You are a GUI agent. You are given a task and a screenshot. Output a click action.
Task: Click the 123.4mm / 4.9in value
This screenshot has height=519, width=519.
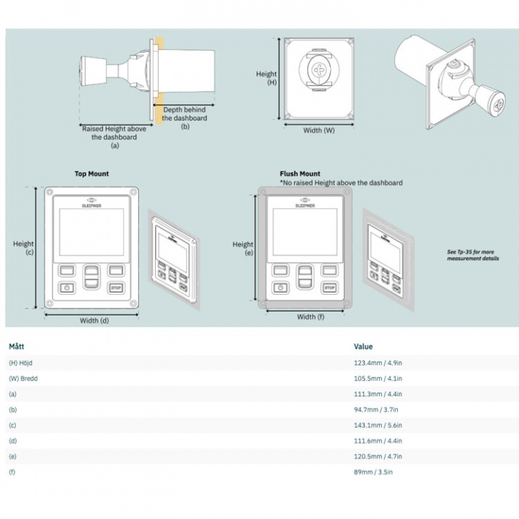[x=378, y=363]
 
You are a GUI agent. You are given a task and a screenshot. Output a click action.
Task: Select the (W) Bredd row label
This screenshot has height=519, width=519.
[x=23, y=378]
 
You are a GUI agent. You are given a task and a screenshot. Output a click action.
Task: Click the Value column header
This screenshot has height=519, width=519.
[x=363, y=347]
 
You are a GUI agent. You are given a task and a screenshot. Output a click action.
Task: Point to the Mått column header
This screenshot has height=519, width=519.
[x=17, y=347]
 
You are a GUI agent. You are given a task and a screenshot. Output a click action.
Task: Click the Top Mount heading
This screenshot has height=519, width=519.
[x=92, y=174]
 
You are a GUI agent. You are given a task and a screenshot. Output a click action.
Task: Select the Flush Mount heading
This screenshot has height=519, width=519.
[x=300, y=174]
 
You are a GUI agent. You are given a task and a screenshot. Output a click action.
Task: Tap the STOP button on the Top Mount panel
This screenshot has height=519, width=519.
[x=115, y=288]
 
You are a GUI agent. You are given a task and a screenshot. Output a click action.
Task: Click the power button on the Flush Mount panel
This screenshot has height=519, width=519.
[x=279, y=288]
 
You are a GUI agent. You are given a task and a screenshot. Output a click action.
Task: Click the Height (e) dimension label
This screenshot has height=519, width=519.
[x=243, y=249]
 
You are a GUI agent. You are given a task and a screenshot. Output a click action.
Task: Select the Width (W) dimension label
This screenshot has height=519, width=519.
[x=318, y=130]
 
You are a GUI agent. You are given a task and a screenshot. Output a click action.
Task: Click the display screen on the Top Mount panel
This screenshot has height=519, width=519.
[x=90, y=233]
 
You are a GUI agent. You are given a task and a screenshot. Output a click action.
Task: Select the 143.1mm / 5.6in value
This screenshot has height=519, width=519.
[x=378, y=425]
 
